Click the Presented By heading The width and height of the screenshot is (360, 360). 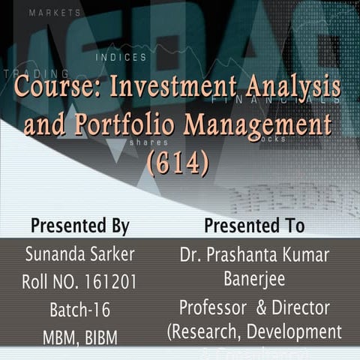pos(80,226)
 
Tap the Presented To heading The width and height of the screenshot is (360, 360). pos(254,226)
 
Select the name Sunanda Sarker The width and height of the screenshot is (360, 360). pos(80,254)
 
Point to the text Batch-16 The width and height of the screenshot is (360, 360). pos(80,310)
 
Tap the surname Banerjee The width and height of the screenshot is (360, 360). pos(254,279)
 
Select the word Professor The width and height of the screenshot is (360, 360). pos(211,307)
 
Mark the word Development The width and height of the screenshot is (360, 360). pos(295,331)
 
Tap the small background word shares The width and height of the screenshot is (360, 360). pos(143,141)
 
